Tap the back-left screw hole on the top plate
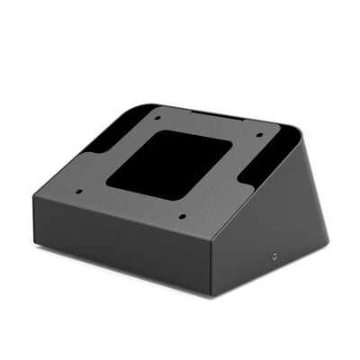tap(157, 117)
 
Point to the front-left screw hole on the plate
tap(78, 191)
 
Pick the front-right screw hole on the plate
tap(183, 216)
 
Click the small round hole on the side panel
tap(274, 256)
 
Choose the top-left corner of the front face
tap(34, 194)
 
